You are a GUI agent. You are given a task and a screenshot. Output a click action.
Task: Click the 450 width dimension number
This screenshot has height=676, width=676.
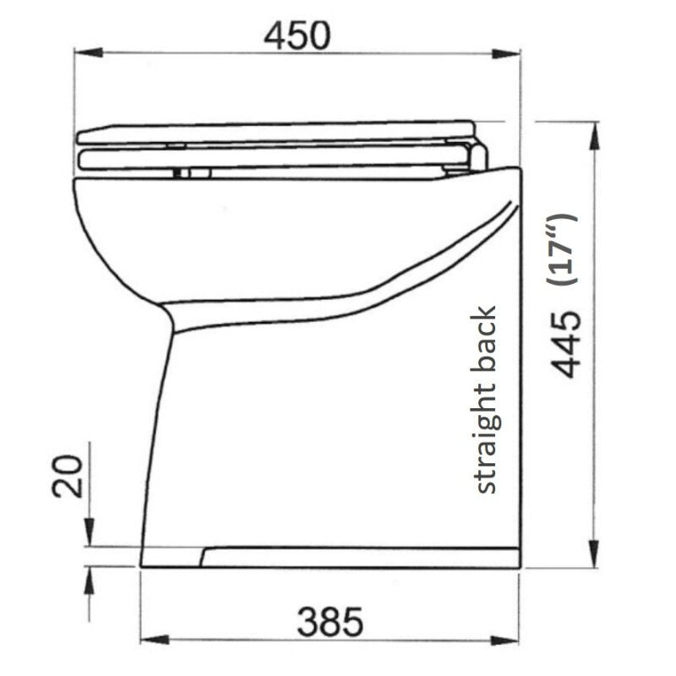pyautogui.click(x=295, y=35)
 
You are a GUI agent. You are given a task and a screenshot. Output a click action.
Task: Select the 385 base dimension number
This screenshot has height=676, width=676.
pyautogui.click(x=330, y=623)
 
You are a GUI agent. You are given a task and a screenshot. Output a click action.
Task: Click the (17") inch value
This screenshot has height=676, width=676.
pyautogui.click(x=562, y=249)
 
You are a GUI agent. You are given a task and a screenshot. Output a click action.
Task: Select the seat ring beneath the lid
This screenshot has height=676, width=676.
pyautogui.click(x=270, y=157)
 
